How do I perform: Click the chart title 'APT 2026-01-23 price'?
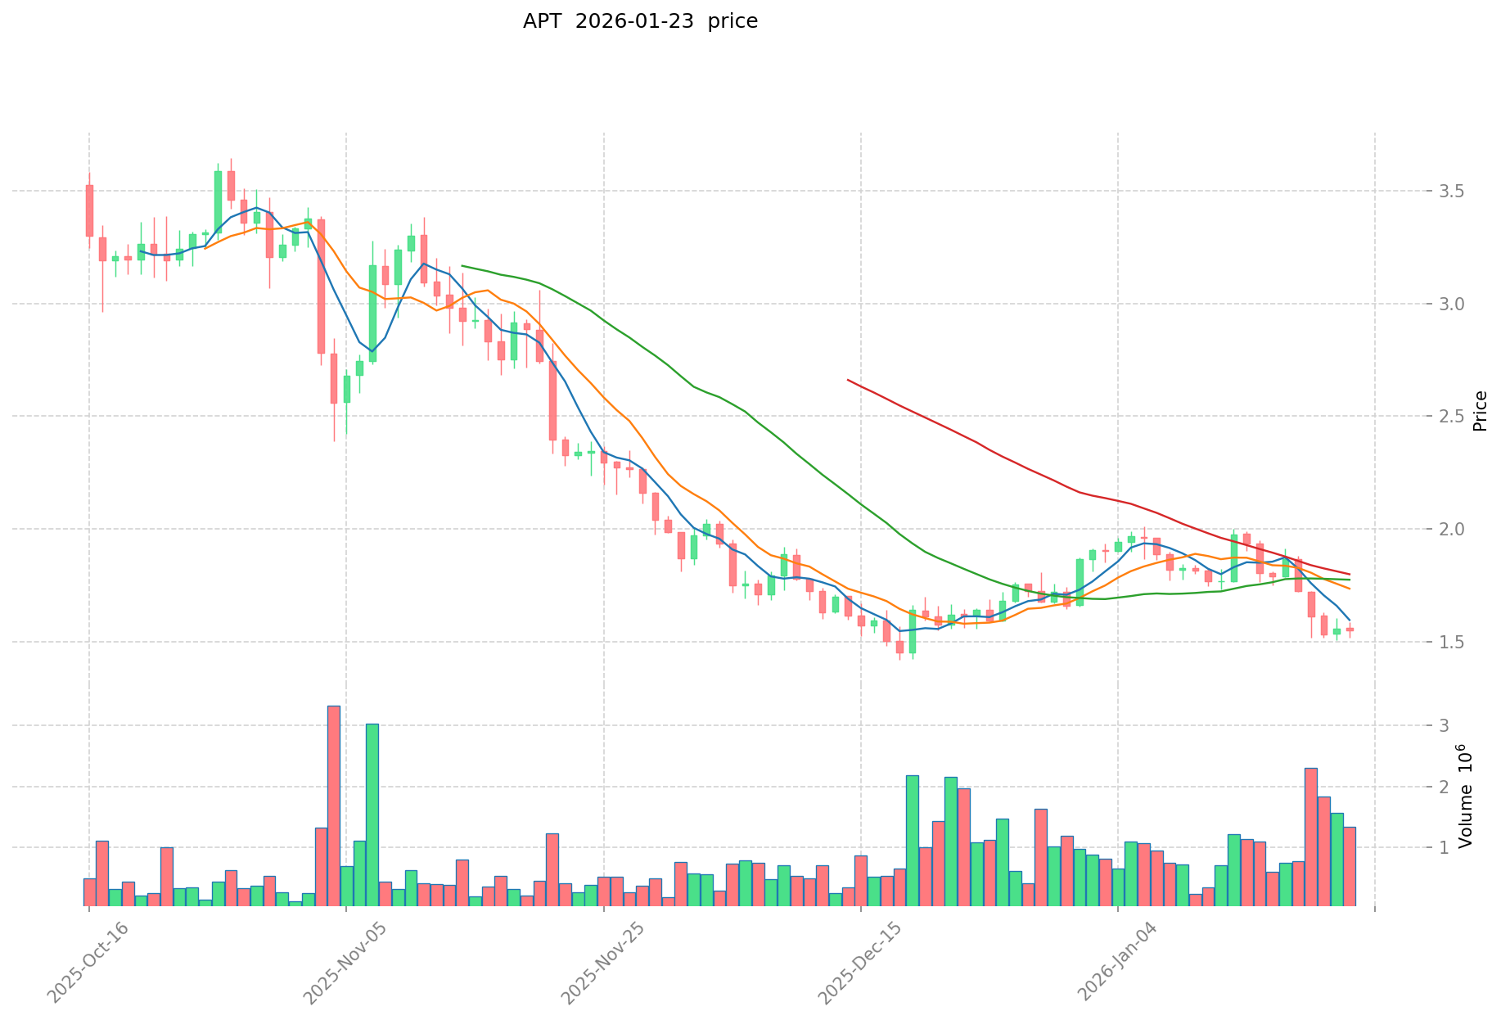tap(640, 21)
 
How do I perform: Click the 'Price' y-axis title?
tap(1480, 411)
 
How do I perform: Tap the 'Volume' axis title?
tap(1465, 796)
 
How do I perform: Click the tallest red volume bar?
tap(334, 806)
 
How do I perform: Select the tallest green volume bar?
tap(372, 815)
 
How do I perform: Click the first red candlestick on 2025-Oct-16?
tap(89, 210)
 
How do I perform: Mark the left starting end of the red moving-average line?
tap(848, 380)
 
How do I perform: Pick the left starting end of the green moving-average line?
tap(462, 265)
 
